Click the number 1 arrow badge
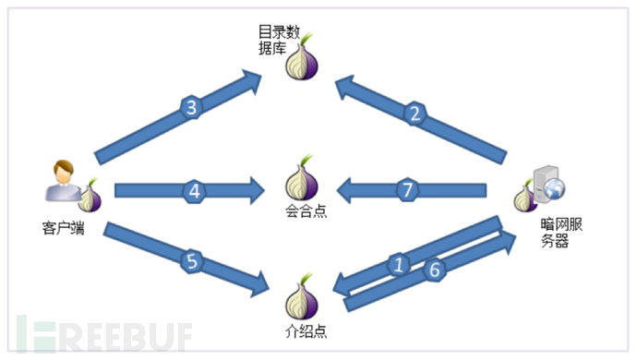(400, 265)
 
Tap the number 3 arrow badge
(192, 109)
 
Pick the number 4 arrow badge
(194, 191)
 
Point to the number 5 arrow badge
(192, 261)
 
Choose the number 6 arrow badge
(433, 270)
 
